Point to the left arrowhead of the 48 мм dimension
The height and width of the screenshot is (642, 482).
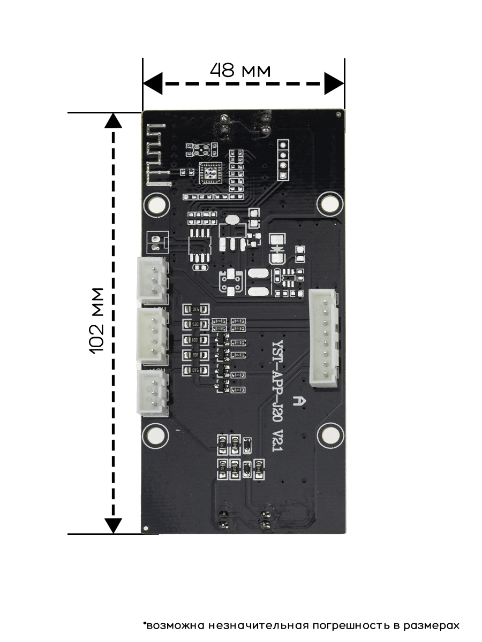point(153,84)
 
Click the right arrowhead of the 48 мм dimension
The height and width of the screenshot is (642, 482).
point(334,84)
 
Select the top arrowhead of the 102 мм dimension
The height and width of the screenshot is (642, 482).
point(112,121)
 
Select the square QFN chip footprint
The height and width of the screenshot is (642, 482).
point(209,173)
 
